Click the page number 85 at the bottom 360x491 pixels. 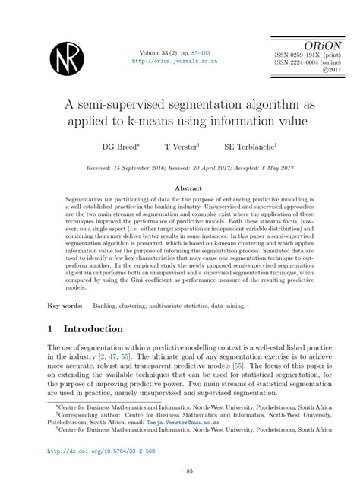click(x=180, y=471)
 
